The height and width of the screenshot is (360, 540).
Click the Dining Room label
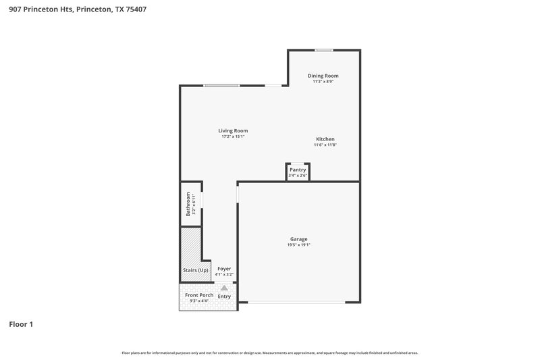pos(323,76)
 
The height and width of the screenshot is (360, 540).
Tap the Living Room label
pos(232,130)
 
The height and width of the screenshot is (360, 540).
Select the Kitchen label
pos(325,139)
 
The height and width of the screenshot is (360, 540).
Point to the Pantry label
pos(298,170)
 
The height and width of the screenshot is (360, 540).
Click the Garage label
pos(298,239)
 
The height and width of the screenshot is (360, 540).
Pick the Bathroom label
pos(188,204)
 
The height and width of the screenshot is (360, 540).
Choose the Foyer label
pos(224,268)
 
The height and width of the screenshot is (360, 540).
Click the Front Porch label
pos(199,295)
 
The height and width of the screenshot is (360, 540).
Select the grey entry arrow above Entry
pos(224,288)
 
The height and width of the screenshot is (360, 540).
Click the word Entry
pos(224,297)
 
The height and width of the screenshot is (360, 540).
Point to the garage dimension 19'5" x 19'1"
pos(298,245)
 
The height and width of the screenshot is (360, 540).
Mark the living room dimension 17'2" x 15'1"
pos(232,136)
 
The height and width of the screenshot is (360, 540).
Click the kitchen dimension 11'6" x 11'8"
pos(325,145)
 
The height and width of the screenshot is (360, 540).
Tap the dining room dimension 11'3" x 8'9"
pos(323,82)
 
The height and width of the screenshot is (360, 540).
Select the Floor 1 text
pos(21,324)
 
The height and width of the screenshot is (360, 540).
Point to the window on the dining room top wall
pos(325,50)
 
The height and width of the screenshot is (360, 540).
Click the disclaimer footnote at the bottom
pos(270,353)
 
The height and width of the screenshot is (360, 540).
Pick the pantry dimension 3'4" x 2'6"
pos(298,176)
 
